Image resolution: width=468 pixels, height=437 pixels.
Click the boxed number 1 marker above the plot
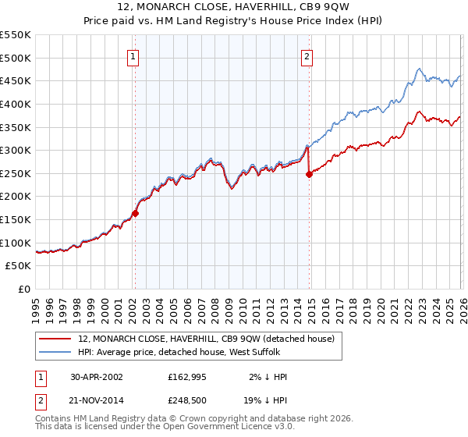[134, 56]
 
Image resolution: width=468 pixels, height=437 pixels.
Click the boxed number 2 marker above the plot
[307, 56]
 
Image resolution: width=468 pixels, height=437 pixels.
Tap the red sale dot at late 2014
[309, 174]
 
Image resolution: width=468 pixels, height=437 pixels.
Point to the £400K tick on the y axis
[16, 104]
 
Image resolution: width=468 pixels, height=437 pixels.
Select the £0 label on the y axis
[23, 290]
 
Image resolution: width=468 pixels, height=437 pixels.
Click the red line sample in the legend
[55, 339]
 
